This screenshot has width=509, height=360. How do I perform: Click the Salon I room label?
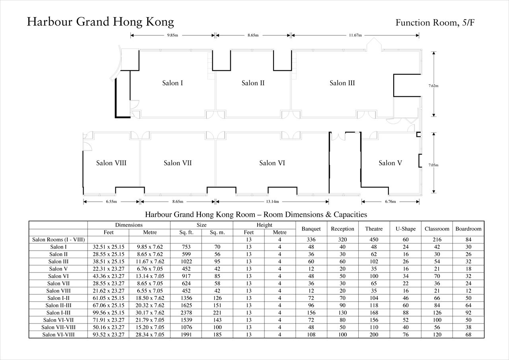173,83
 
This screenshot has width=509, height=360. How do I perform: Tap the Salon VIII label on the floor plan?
111,163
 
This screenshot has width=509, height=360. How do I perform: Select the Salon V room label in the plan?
390,163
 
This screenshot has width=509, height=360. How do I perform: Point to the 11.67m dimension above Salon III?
356,35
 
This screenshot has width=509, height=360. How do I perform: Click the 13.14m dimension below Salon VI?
272,202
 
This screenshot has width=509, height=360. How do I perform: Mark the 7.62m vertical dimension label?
433,86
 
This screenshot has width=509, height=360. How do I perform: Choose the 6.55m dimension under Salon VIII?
111,202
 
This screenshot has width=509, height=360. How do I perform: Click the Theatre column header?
374,229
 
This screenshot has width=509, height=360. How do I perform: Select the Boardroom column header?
468,229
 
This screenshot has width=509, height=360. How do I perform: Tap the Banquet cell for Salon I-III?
311,313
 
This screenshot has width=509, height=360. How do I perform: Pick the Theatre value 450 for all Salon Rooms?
374,239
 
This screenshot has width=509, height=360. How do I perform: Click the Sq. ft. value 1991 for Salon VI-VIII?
186,335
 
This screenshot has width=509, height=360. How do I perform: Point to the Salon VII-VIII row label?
58,327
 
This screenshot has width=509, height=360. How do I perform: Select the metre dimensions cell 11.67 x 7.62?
150,262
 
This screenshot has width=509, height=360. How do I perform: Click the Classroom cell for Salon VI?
437,276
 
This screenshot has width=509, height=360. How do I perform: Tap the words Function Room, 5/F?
435,23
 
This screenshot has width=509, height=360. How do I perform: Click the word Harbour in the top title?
50,22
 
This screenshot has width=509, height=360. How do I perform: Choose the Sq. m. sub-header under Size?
217,232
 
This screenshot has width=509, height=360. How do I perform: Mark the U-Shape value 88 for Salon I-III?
406,313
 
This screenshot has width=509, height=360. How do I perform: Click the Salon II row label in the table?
58,254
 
